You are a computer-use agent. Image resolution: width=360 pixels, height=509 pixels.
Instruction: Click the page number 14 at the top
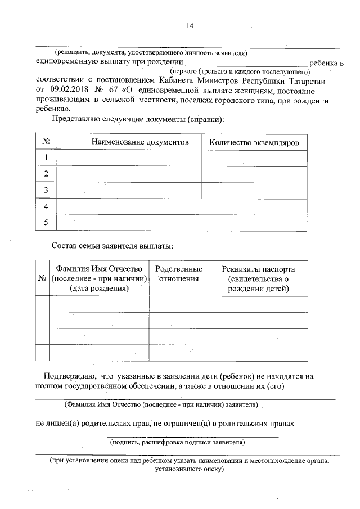(190, 25)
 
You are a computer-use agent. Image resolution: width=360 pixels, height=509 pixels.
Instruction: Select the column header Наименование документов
(140, 142)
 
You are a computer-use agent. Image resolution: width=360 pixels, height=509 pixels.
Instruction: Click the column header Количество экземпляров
(254, 142)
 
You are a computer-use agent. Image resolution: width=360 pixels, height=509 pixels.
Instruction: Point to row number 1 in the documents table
(46, 158)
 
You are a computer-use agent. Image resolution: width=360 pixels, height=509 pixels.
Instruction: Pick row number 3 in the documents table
(46, 191)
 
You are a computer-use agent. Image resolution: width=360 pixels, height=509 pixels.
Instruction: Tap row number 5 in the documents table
(46, 223)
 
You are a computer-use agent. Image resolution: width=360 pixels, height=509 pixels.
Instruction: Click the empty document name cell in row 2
(129, 174)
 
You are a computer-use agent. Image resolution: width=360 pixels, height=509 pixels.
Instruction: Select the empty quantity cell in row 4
(254, 207)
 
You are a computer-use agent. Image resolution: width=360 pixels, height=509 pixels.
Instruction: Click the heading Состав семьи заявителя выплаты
(112, 246)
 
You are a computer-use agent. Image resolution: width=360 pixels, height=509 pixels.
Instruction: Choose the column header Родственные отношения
(178, 274)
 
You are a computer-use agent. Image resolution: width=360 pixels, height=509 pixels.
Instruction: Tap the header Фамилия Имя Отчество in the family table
(99, 269)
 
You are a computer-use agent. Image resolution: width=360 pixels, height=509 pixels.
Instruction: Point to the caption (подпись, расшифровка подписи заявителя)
(177, 443)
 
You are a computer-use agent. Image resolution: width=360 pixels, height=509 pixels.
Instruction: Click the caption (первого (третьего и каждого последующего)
(240, 73)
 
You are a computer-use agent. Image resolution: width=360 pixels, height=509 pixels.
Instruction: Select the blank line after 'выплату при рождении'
(246, 62)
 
